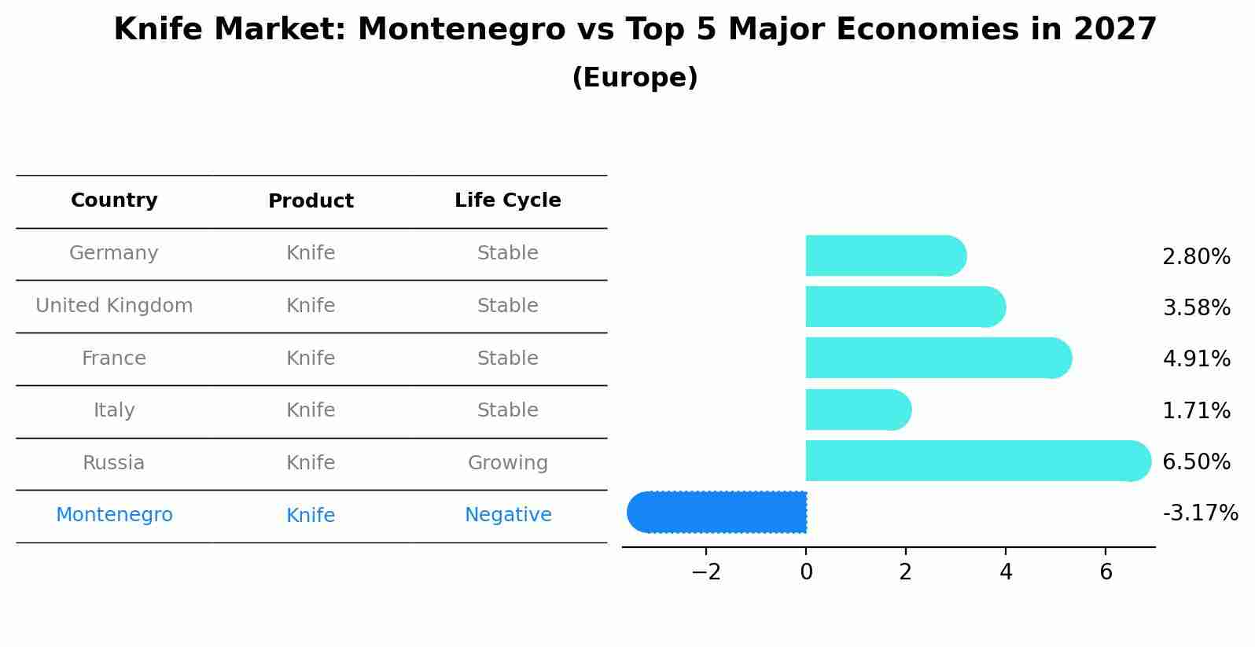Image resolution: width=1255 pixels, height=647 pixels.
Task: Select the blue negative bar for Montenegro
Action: [x=717, y=513]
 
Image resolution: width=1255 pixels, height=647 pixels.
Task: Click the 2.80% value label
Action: [x=1196, y=257]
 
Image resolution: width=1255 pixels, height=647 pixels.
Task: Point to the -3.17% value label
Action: [x=1200, y=513]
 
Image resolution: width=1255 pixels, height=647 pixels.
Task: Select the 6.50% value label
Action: [x=1196, y=461]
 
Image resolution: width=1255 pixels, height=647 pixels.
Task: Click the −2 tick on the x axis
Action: [x=706, y=572]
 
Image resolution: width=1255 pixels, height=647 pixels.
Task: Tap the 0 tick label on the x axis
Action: [x=806, y=572]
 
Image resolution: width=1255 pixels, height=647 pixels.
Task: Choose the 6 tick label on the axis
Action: [x=1106, y=572]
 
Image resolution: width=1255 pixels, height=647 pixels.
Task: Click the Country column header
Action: [x=114, y=200]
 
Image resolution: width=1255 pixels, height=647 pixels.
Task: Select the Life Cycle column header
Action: [x=508, y=200]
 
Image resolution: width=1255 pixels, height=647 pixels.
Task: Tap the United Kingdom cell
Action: [x=114, y=306]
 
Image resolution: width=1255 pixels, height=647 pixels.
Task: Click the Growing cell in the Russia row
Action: [x=508, y=463]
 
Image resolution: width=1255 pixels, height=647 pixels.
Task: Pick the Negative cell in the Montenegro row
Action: [x=508, y=515]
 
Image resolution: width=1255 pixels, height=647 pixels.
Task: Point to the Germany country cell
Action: [x=114, y=253]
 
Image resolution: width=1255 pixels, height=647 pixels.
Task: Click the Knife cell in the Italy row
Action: [x=311, y=410]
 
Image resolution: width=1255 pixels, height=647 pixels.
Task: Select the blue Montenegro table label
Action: [x=114, y=515]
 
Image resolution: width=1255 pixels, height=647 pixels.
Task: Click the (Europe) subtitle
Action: [x=635, y=78]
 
